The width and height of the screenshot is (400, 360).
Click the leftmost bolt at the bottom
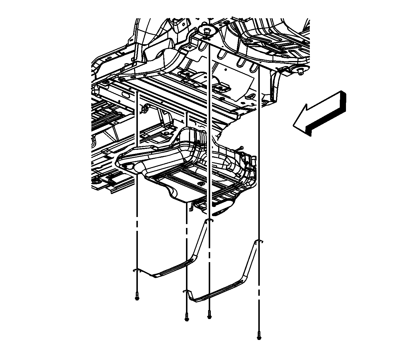137,296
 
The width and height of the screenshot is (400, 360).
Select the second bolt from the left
187,317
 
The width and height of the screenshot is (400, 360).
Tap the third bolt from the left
209,315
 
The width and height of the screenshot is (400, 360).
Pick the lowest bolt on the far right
259,336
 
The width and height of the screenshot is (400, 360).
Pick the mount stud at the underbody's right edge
300,71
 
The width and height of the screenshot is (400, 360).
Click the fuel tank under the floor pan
183,165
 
